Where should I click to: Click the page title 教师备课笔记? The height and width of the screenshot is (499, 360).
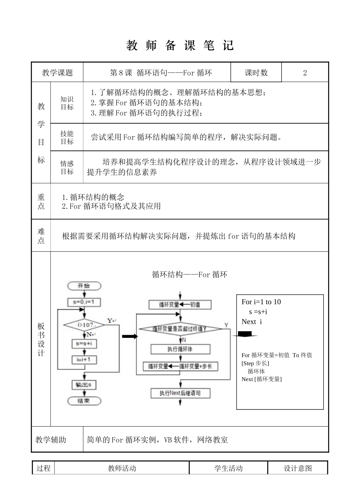point(180,46)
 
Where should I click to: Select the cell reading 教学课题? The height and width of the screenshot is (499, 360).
point(57,73)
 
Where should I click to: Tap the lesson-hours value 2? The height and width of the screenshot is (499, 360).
point(305,73)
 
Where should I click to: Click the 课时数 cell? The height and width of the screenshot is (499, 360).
point(256,73)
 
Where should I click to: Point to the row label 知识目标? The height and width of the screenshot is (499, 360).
point(67,103)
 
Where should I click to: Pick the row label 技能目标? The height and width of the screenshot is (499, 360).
point(67,137)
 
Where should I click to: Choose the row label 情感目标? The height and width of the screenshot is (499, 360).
point(67,167)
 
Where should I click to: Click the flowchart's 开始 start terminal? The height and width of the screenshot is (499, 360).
point(84,286)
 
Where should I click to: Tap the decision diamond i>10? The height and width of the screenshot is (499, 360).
point(84,325)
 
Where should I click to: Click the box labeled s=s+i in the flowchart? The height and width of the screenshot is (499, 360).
point(84,344)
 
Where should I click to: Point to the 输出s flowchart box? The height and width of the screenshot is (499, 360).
point(83,385)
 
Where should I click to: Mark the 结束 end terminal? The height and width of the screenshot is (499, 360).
point(84,401)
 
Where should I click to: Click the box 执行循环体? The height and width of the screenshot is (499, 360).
point(180,349)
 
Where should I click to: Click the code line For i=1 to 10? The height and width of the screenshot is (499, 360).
point(261,302)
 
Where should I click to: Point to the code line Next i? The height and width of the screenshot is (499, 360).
point(252,322)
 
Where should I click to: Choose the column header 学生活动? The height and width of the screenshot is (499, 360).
point(228,468)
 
